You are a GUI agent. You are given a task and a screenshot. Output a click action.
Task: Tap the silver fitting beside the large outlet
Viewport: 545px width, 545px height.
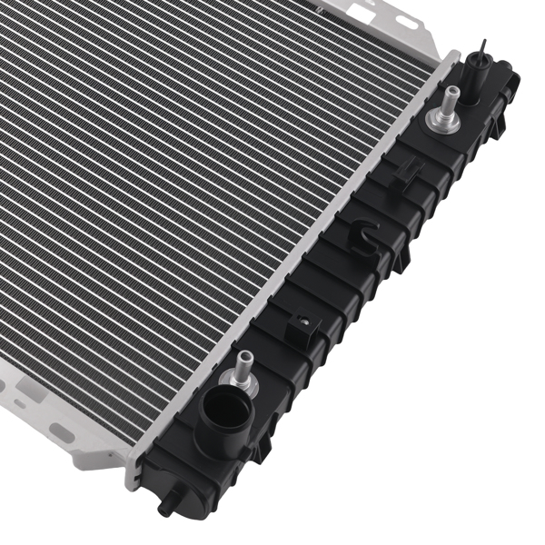(x=243, y=367)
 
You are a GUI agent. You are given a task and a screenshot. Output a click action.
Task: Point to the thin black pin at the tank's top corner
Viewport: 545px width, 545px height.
(x=482, y=50)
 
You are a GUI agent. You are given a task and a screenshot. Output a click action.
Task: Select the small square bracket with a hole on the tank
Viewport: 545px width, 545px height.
(x=302, y=324)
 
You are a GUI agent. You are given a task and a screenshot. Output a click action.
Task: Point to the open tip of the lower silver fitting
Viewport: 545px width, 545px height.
(x=244, y=353)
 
